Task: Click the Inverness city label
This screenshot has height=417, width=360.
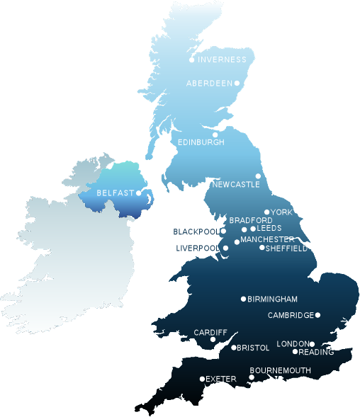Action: (x=221, y=59)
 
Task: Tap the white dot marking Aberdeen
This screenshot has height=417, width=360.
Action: (x=237, y=84)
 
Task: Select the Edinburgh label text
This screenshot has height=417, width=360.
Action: (x=201, y=142)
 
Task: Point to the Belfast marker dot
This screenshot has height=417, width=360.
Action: (x=139, y=193)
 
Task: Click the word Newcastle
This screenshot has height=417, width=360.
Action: (x=236, y=185)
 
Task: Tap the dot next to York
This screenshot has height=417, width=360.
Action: (x=267, y=212)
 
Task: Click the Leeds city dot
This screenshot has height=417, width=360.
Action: (x=253, y=229)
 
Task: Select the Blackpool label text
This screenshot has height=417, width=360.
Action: (x=196, y=232)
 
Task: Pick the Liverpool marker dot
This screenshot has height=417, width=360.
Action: (x=226, y=248)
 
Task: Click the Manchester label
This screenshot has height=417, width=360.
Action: (x=267, y=240)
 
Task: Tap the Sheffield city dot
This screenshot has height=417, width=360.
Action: (x=262, y=248)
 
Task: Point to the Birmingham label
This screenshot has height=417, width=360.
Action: (x=273, y=299)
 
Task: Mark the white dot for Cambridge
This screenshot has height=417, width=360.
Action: (x=317, y=315)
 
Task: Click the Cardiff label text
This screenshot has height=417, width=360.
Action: (x=210, y=332)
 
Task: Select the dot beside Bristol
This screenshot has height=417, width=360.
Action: (x=234, y=348)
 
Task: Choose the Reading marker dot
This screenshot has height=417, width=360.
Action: (x=296, y=352)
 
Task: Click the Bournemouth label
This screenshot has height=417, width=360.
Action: (x=281, y=370)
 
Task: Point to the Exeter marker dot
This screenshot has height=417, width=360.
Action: (x=202, y=379)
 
